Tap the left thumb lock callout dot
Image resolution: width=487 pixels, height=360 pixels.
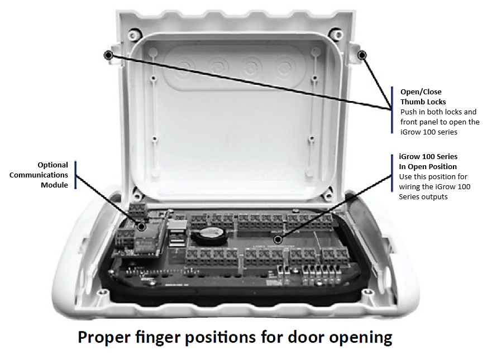point(108,55)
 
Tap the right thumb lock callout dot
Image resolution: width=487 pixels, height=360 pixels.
point(362,55)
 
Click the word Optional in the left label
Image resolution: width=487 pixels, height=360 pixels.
point(52,165)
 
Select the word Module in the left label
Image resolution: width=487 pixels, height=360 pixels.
point(55,185)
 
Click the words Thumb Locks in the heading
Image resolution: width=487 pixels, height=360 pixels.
point(423,102)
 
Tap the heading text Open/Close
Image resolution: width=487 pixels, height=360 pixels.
point(418,92)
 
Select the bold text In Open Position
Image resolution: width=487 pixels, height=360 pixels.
point(428,167)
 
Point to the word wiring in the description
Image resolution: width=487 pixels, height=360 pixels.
point(410,187)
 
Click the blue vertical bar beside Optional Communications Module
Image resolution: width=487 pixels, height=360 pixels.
point(75,175)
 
